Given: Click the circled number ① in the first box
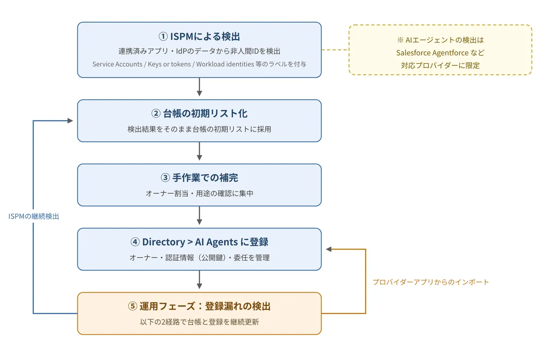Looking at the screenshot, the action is coord(163,36).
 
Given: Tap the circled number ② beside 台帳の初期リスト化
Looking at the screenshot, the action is coord(156,114).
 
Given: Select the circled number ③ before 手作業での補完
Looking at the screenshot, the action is coord(165,178).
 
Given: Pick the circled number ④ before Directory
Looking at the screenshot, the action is coord(135,242).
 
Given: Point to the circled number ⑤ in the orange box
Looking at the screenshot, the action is coord(132,306).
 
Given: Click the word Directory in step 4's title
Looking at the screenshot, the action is coord(163,242).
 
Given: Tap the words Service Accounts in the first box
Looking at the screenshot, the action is coord(117,64).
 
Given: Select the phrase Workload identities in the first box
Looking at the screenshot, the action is coord(225,64).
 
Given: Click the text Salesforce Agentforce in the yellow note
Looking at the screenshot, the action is coord(432,53).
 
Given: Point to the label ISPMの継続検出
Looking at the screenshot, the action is coord(34,216).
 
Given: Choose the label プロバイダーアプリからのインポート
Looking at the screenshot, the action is coord(431,282).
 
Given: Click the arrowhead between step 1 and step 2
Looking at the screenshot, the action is coord(199,93).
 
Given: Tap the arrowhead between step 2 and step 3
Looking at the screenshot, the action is coord(199,157).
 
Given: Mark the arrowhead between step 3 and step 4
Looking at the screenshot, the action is coord(199,222).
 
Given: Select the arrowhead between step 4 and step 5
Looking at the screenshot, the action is coord(199,286).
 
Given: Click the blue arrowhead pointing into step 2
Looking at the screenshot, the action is coord(70,120).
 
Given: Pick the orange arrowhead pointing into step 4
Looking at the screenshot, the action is coord(329,249).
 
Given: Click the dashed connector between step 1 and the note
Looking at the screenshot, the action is coord(335,50).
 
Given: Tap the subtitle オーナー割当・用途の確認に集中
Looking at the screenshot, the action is coord(199,193).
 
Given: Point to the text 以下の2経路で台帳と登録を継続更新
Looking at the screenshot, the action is coord(199,322).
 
